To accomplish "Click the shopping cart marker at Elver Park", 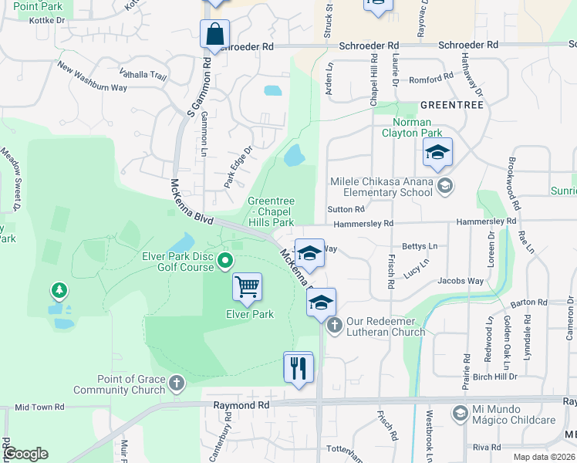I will click(x=247, y=287).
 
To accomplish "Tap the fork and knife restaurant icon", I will click(x=298, y=367).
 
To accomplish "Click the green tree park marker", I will click(x=58, y=291).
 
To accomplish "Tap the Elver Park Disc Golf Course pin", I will click(x=225, y=260).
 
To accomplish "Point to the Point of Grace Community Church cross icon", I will click(x=177, y=384).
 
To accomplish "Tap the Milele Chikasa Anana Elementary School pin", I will click(x=444, y=185).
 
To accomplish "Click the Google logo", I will click(x=25, y=454).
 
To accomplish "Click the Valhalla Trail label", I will click(x=143, y=75).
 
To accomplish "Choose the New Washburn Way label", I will click(x=92, y=77).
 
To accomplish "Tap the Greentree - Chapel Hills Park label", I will click(x=271, y=212).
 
